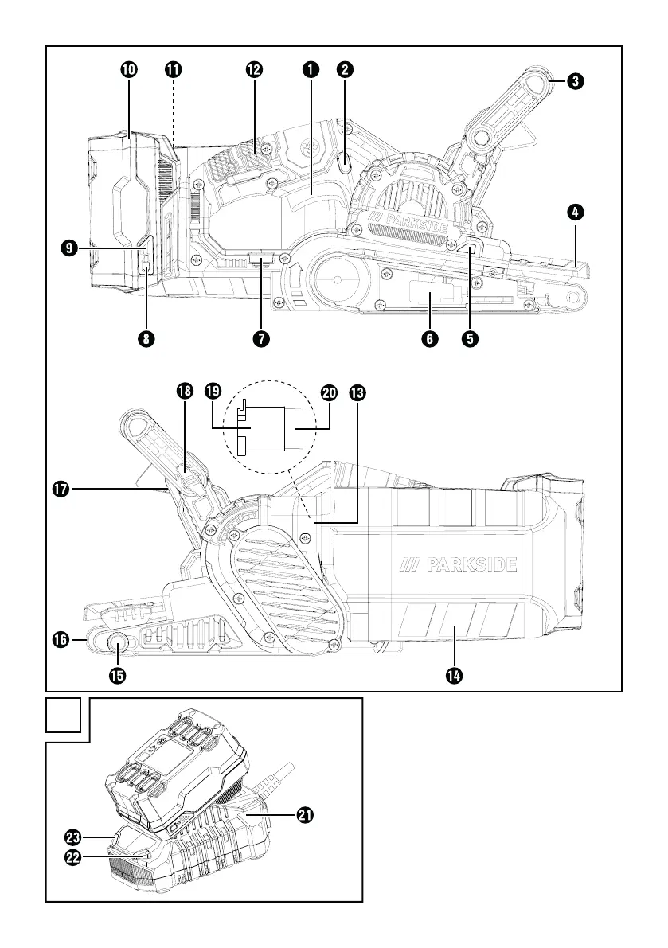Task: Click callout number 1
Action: [x=310, y=69]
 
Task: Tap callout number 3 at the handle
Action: [x=574, y=80]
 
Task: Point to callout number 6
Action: [x=428, y=338]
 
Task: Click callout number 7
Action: [x=260, y=338]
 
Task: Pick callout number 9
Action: [x=70, y=248]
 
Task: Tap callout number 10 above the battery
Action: [x=128, y=69]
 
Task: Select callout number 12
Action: [x=254, y=69]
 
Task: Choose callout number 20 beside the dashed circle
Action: [x=329, y=392]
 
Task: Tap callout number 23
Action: [x=73, y=837]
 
